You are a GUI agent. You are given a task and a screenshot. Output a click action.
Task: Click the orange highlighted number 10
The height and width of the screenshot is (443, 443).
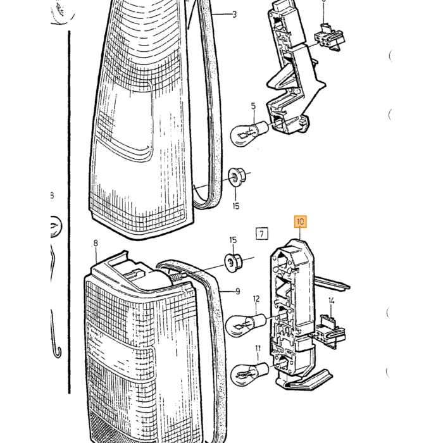pos(301,221)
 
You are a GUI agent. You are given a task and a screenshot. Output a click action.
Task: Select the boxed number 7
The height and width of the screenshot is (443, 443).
pos(262,234)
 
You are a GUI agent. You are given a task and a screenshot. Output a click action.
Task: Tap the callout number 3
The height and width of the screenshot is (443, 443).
pos(234,14)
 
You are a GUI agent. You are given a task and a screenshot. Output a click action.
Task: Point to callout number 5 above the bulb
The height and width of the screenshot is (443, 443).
pos(253,106)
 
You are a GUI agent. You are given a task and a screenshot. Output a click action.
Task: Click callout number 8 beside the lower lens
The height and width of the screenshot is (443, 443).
pos(96,243)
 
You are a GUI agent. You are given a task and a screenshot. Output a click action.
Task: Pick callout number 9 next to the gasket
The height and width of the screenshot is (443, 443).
pos(237,291)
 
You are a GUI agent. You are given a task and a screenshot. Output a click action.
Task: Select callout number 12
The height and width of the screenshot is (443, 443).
pos(256,299)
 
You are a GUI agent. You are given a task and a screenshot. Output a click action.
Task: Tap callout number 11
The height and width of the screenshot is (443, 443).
pos(258,349)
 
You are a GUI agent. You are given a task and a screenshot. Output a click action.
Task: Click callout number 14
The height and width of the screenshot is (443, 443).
pos(332,301)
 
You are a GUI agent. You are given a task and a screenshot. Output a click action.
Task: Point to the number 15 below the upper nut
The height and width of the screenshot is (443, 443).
pos(236,206)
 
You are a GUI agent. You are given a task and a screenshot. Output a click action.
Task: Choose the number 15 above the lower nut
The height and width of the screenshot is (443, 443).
pos(233,240)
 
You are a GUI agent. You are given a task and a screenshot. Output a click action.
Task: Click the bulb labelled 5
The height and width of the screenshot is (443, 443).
pos(249,133)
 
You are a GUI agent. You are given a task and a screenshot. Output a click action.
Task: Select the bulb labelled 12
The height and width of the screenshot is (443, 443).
pos(246,325)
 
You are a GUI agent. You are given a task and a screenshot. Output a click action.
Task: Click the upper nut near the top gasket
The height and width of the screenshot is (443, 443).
pos(237,177)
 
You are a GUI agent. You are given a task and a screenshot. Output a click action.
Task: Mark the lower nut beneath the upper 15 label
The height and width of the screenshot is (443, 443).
pos(233,263)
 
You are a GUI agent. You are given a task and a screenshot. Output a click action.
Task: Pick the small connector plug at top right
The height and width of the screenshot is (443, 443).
pos(330,37)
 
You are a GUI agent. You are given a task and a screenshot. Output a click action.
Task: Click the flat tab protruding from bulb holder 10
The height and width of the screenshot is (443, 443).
pos(332,283)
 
